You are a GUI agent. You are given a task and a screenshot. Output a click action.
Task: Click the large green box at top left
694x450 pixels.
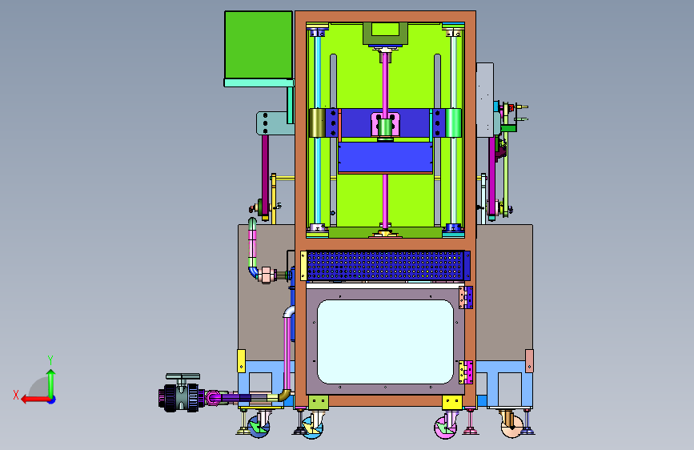pos(259,45)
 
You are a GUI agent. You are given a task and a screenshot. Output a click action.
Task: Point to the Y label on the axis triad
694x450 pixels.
pos(50,360)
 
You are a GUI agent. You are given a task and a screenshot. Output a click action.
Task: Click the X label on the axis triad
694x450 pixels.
pos(16,395)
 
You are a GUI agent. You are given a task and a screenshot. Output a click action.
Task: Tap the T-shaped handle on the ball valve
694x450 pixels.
pos(183,378)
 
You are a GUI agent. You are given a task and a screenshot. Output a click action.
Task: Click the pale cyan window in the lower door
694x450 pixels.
pos(386,341)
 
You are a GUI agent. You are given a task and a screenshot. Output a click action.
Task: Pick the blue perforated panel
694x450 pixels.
pos(386,265)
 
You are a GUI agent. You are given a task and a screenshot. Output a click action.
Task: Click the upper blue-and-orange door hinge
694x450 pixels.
pos(466,297)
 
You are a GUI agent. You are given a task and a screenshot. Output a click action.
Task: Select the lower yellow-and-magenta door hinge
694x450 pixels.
pos(466,372)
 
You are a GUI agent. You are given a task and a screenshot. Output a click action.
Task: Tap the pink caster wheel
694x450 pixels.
pos(445,428)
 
